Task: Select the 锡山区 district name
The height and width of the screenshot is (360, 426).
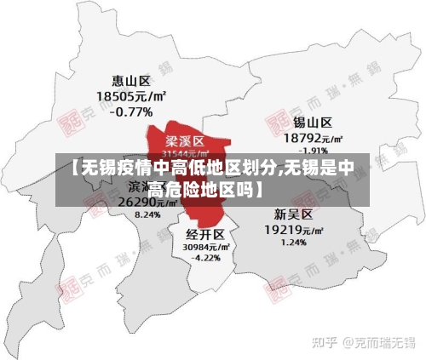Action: tap(313, 123)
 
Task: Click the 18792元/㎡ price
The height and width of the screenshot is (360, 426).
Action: tap(313, 137)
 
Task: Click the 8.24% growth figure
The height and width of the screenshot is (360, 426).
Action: tap(147, 215)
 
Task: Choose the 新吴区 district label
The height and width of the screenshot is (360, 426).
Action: tap(292, 214)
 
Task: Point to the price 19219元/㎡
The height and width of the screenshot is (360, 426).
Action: tap(294, 229)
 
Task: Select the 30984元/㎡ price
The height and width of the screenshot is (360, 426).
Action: tap(204, 246)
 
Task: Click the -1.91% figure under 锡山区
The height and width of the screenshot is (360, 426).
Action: tap(313, 150)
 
